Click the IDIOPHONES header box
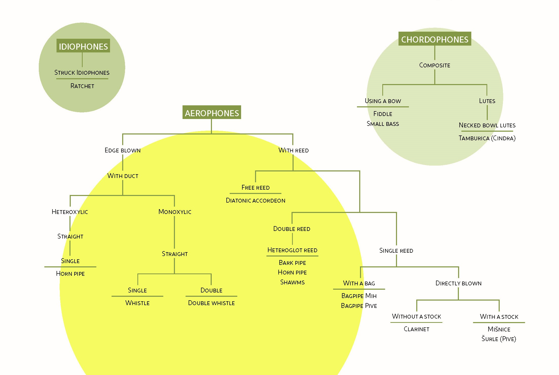(x=83, y=46)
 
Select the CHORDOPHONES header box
(x=435, y=39)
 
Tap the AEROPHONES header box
(x=212, y=112)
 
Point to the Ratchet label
(x=82, y=86)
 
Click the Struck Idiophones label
(x=82, y=73)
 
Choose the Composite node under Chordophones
(x=435, y=65)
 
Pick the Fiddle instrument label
(x=383, y=114)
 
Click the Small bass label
(x=383, y=124)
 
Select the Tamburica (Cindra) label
(x=487, y=138)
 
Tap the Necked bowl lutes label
(x=487, y=125)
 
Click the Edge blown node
(x=123, y=150)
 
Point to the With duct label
(x=123, y=176)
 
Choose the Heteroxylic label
(x=70, y=212)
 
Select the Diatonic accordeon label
(x=256, y=201)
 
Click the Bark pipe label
(x=292, y=263)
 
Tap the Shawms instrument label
(x=292, y=282)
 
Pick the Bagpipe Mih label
(x=359, y=296)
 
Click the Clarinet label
(x=417, y=329)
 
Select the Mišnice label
(x=499, y=329)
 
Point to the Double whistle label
(x=211, y=303)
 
